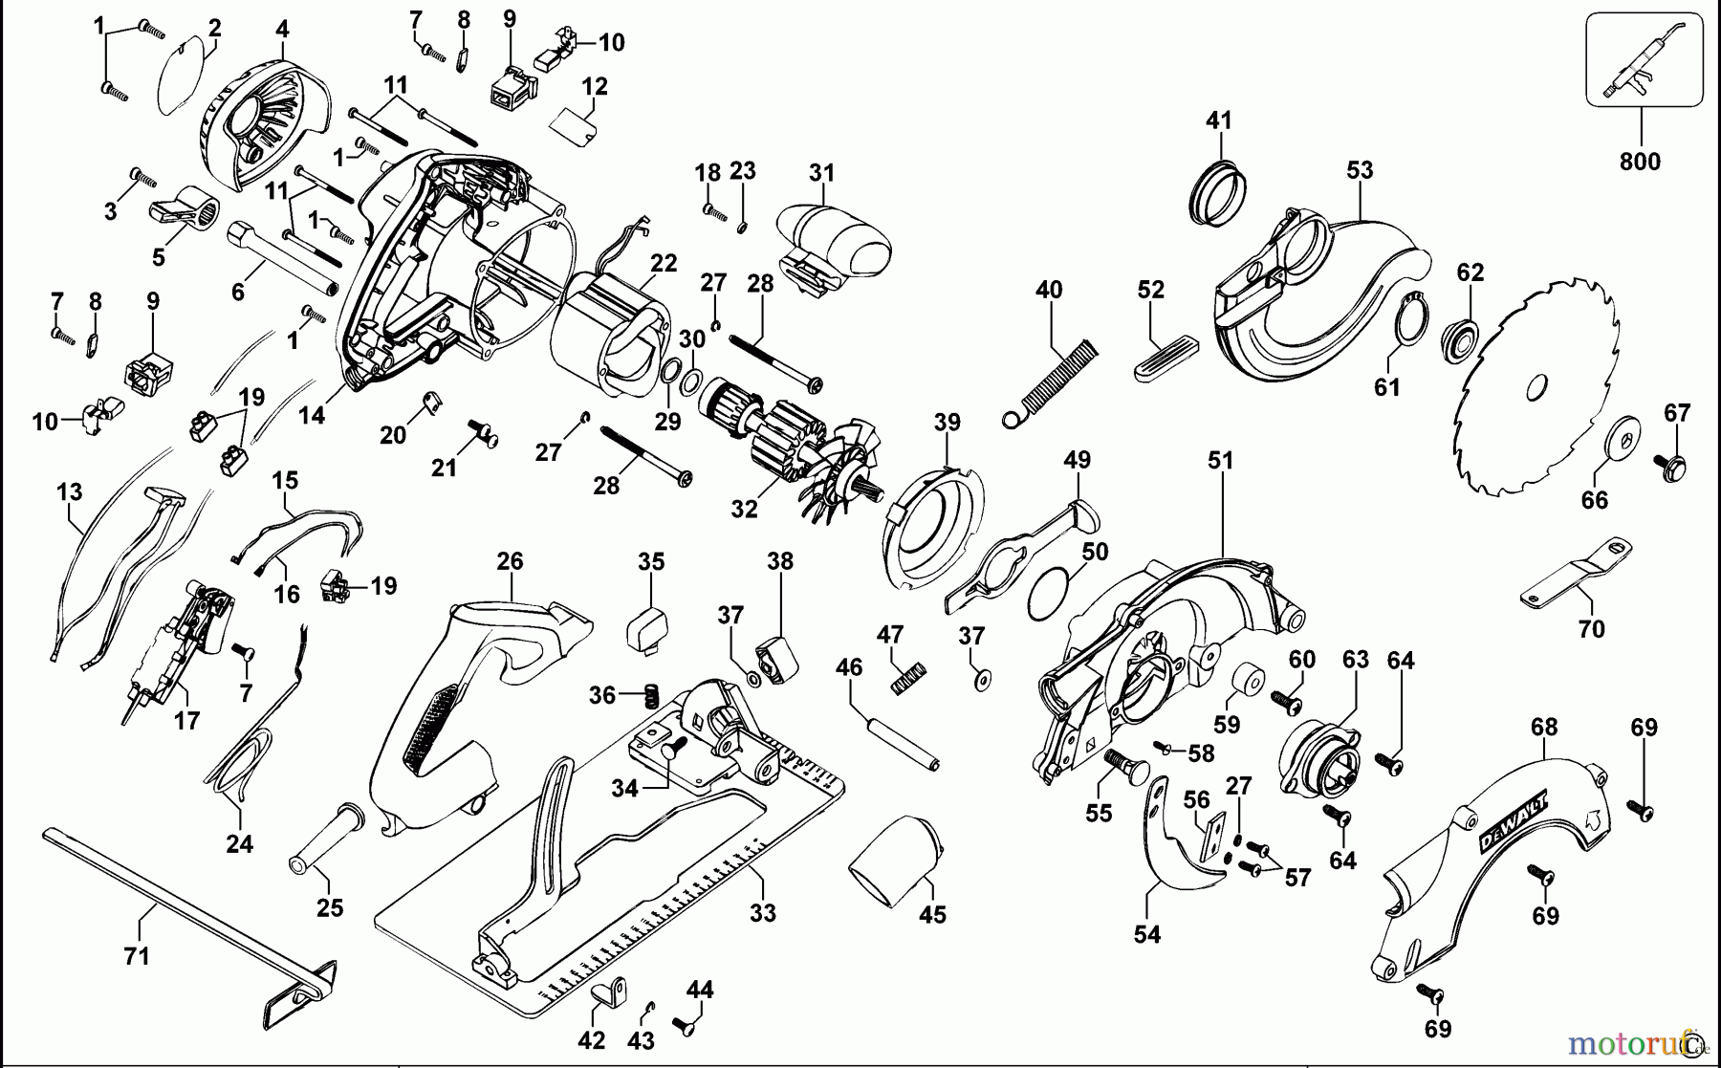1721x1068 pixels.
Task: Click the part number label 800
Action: (x=1640, y=162)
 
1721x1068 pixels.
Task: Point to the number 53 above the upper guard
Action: (x=1360, y=170)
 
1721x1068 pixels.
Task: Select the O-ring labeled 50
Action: (x=1048, y=593)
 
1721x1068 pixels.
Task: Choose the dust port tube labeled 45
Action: (x=897, y=861)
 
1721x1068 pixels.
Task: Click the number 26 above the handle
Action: (x=510, y=561)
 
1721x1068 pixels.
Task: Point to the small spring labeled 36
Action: (x=649, y=695)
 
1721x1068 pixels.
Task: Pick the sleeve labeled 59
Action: (x=1247, y=683)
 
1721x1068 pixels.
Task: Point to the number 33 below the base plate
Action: (x=762, y=912)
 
